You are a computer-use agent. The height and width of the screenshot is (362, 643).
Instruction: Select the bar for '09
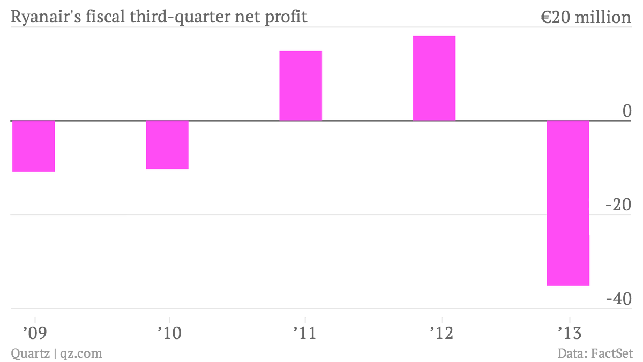33,146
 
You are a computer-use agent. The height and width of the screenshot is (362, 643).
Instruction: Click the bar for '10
167,145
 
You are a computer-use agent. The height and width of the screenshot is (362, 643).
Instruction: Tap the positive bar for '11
301,86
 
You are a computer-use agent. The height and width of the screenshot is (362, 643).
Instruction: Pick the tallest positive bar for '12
434,78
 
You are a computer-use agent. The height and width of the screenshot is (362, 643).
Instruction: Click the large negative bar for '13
568,203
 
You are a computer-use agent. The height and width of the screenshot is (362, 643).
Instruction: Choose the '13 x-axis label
569,333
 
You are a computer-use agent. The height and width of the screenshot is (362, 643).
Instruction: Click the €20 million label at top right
586,17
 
